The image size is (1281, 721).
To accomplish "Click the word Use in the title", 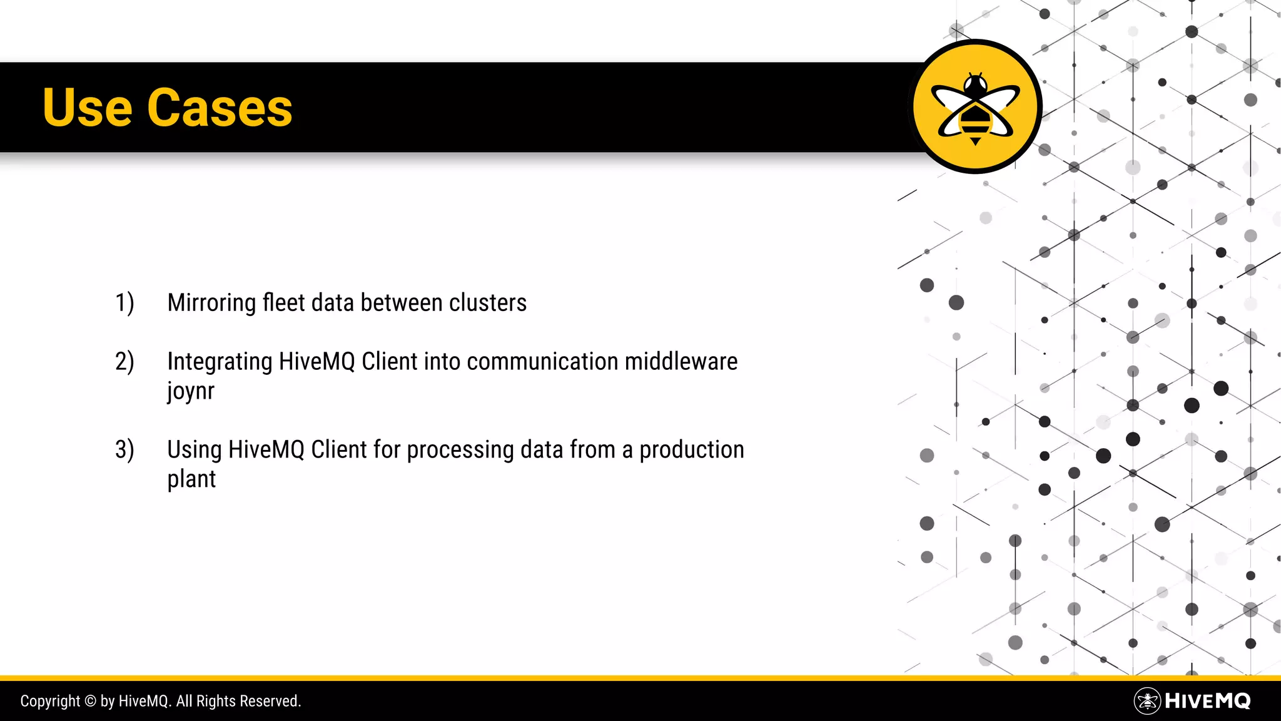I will tap(87, 108).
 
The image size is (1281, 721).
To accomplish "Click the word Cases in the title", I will tap(220, 108).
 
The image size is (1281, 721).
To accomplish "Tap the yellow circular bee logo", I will tap(975, 106).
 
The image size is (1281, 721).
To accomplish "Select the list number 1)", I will tap(124, 303).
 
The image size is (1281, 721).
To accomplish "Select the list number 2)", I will tap(124, 362).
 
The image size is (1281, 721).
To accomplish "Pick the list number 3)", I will tap(124, 450).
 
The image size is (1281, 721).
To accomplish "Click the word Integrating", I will tap(220, 362).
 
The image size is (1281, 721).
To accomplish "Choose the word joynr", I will tap(191, 392).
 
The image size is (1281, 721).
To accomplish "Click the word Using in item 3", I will tap(194, 450).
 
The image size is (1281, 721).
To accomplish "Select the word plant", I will tap(191, 479).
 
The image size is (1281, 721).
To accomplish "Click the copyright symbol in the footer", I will tap(90, 701).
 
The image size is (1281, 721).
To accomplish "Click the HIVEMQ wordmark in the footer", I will tap(1208, 701).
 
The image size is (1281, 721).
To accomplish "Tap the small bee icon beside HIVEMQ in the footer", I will tap(1147, 701).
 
